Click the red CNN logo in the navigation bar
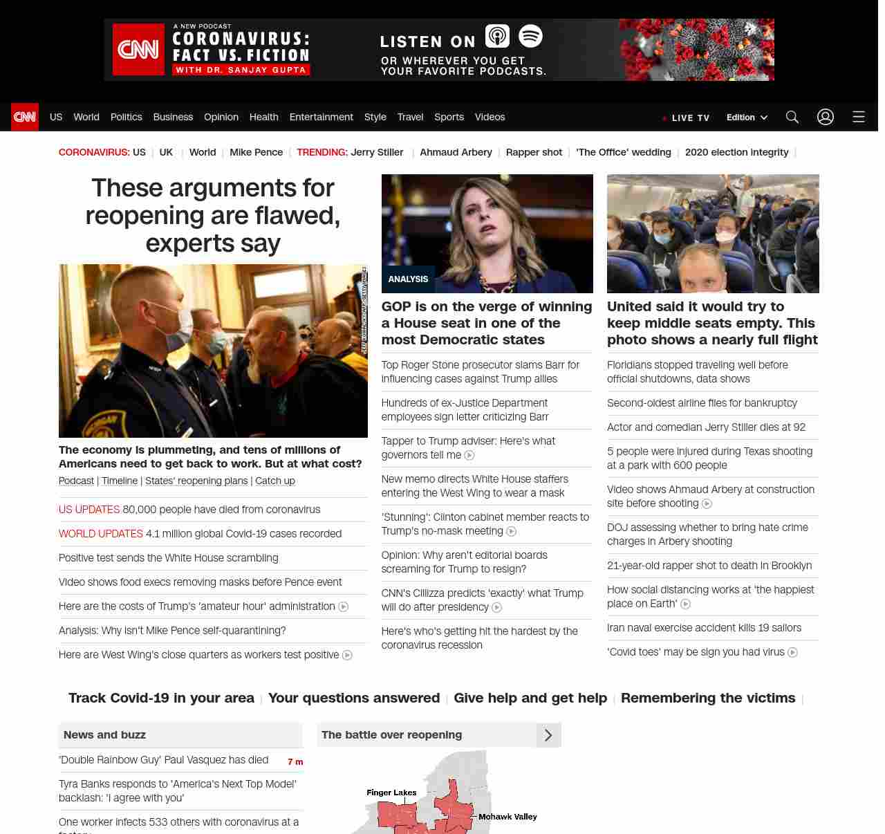point(25,117)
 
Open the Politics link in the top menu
point(126,117)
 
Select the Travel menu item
point(410,117)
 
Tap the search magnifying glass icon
point(792,117)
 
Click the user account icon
point(826,117)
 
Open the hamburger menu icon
point(859,117)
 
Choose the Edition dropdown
point(747,118)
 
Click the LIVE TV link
point(687,118)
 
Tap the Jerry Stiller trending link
point(377,152)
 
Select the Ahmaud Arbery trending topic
point(456,152)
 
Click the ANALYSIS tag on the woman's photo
point(408,279)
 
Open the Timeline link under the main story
point(120,481)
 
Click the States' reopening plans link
point(196,481)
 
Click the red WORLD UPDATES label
point(101,534)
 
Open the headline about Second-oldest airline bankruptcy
point(702,403)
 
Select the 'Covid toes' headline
point(696,652)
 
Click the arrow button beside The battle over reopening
point(548,735)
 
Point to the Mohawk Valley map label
point(507,817)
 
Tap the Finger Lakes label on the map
point(391,793)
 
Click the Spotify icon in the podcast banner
point(530,36)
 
